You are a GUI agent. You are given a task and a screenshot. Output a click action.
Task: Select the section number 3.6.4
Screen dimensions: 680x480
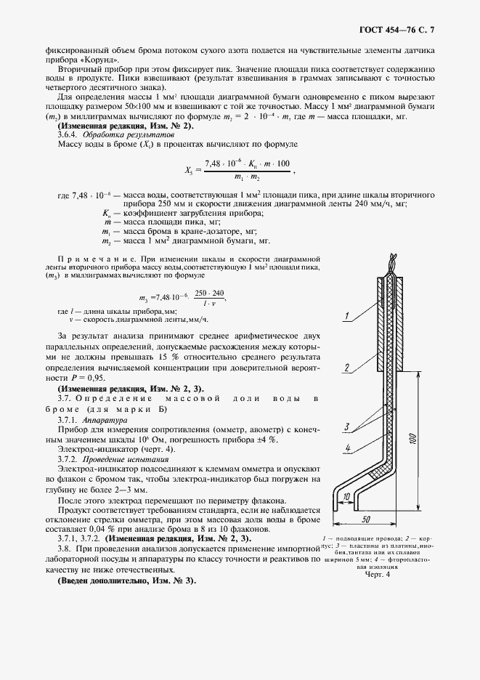pos(68,135)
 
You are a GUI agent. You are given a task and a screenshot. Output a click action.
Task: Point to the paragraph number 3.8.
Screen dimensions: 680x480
pos(68,550)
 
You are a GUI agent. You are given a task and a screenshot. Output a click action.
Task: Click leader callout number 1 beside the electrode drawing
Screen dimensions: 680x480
pos(348,317)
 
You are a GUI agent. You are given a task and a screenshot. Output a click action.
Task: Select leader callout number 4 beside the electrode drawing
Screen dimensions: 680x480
pos(349,448)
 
